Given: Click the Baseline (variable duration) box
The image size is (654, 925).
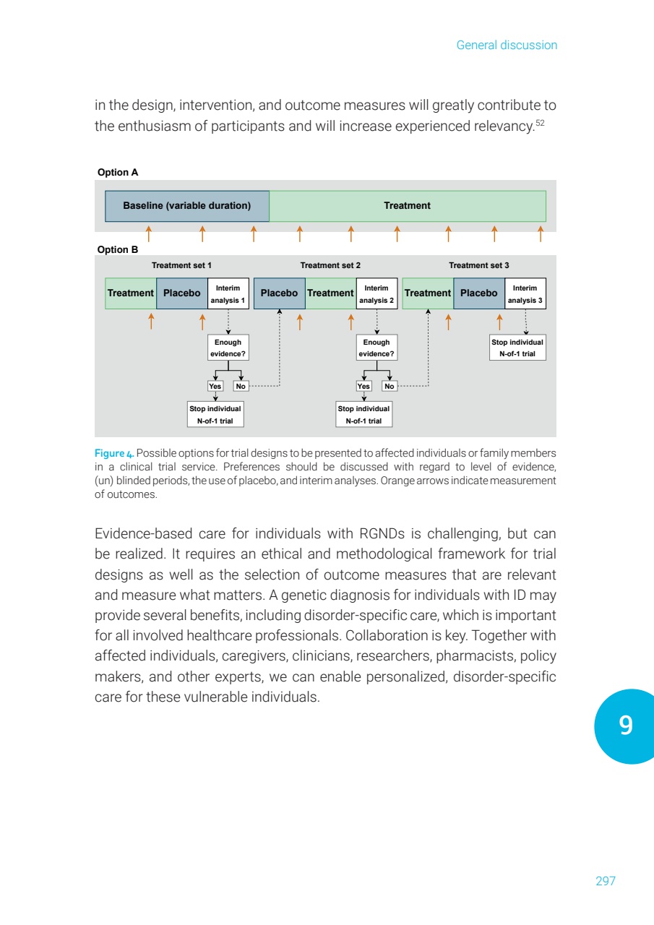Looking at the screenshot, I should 187,206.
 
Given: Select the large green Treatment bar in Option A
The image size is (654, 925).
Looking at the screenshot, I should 407,206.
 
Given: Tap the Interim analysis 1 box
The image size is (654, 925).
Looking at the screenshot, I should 228,293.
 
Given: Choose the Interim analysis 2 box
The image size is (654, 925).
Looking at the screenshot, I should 377,293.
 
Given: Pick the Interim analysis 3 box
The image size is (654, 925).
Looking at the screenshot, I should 525,293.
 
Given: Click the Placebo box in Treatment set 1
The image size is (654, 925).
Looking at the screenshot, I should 181,293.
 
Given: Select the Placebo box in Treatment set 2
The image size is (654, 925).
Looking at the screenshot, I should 279,293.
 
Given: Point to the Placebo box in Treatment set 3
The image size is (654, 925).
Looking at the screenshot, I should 478,293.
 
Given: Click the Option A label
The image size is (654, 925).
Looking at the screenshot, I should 118,173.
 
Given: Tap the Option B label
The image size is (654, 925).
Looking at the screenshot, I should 118,250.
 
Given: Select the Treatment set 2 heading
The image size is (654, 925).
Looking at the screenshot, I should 330,266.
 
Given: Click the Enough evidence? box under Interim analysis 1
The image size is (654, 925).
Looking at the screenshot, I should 228,348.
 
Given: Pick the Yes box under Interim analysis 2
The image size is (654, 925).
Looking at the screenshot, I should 363,386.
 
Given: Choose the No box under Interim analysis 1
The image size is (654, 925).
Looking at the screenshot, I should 241,386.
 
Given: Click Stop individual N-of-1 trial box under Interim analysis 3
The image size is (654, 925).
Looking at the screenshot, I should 517,348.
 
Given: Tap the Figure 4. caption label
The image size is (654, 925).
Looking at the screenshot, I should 114,453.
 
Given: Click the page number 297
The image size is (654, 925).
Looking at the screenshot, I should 606,881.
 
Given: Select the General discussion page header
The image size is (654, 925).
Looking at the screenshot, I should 507,46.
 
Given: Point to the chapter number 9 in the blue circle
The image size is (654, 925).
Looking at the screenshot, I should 626,726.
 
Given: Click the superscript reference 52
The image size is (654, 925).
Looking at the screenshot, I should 551,124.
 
